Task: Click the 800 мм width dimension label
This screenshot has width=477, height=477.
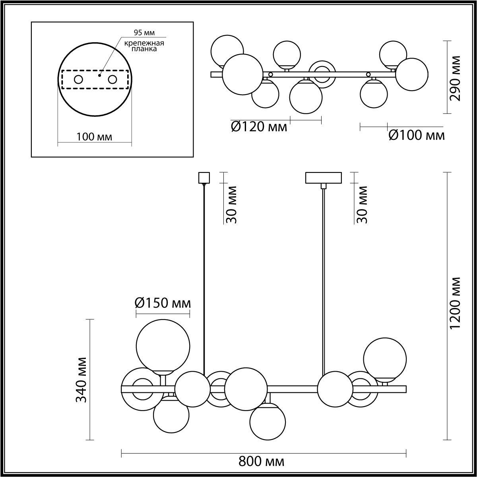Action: (262, 462)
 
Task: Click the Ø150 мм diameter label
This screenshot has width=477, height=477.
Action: (163, 303)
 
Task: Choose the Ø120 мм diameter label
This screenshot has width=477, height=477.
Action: (259, 127)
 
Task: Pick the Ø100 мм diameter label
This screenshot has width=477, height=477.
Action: (416, 136)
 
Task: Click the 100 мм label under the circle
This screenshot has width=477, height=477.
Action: (94, 137)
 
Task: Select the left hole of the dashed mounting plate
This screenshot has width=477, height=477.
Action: (78, 79)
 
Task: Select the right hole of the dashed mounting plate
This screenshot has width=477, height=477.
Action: (112, 79)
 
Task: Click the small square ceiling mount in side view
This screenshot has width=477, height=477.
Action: (204, 177)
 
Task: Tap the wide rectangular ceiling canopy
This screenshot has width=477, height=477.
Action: (323, 177)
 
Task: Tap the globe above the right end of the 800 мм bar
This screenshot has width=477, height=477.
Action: (385, 359)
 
